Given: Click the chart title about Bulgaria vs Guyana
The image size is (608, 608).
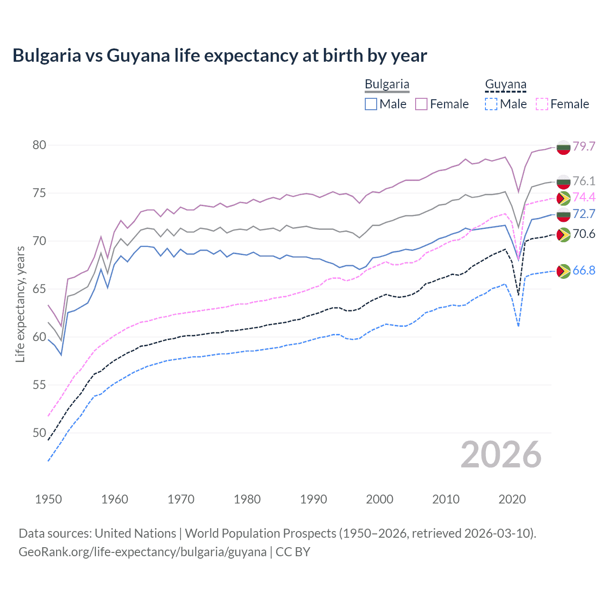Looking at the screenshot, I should [219, 56].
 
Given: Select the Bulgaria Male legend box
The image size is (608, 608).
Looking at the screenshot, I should [371, 104].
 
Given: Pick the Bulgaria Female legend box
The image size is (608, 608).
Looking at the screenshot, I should [421, 104].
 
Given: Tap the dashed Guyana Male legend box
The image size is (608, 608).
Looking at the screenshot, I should [491, 104].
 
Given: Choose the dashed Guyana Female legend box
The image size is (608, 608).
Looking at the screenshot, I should [541, 104].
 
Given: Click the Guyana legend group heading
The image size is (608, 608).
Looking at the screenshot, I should [505, 85].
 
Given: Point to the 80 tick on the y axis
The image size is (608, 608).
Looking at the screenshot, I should [39, 145].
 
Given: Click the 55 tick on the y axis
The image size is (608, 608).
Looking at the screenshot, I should [39, 385].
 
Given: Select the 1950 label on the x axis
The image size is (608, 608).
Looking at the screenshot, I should [48, 499].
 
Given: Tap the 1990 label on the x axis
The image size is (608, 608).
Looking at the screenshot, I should [313, 499].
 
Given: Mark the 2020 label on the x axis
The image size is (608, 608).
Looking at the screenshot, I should [512, 499].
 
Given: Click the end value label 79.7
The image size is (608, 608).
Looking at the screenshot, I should [584, 146].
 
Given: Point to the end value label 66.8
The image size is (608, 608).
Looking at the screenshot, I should [584, 271].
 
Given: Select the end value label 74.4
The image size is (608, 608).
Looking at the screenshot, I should [584, 198].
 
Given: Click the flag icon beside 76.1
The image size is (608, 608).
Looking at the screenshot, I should [563, 181].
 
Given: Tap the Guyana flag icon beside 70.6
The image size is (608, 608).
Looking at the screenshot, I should [563, 235].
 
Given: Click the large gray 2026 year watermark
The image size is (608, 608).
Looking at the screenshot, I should [501, 455].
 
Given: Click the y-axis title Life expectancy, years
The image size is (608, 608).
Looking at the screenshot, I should [20, 304].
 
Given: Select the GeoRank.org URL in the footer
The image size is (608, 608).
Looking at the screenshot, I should [142, 552].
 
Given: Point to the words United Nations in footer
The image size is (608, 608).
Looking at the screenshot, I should [135, 533].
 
